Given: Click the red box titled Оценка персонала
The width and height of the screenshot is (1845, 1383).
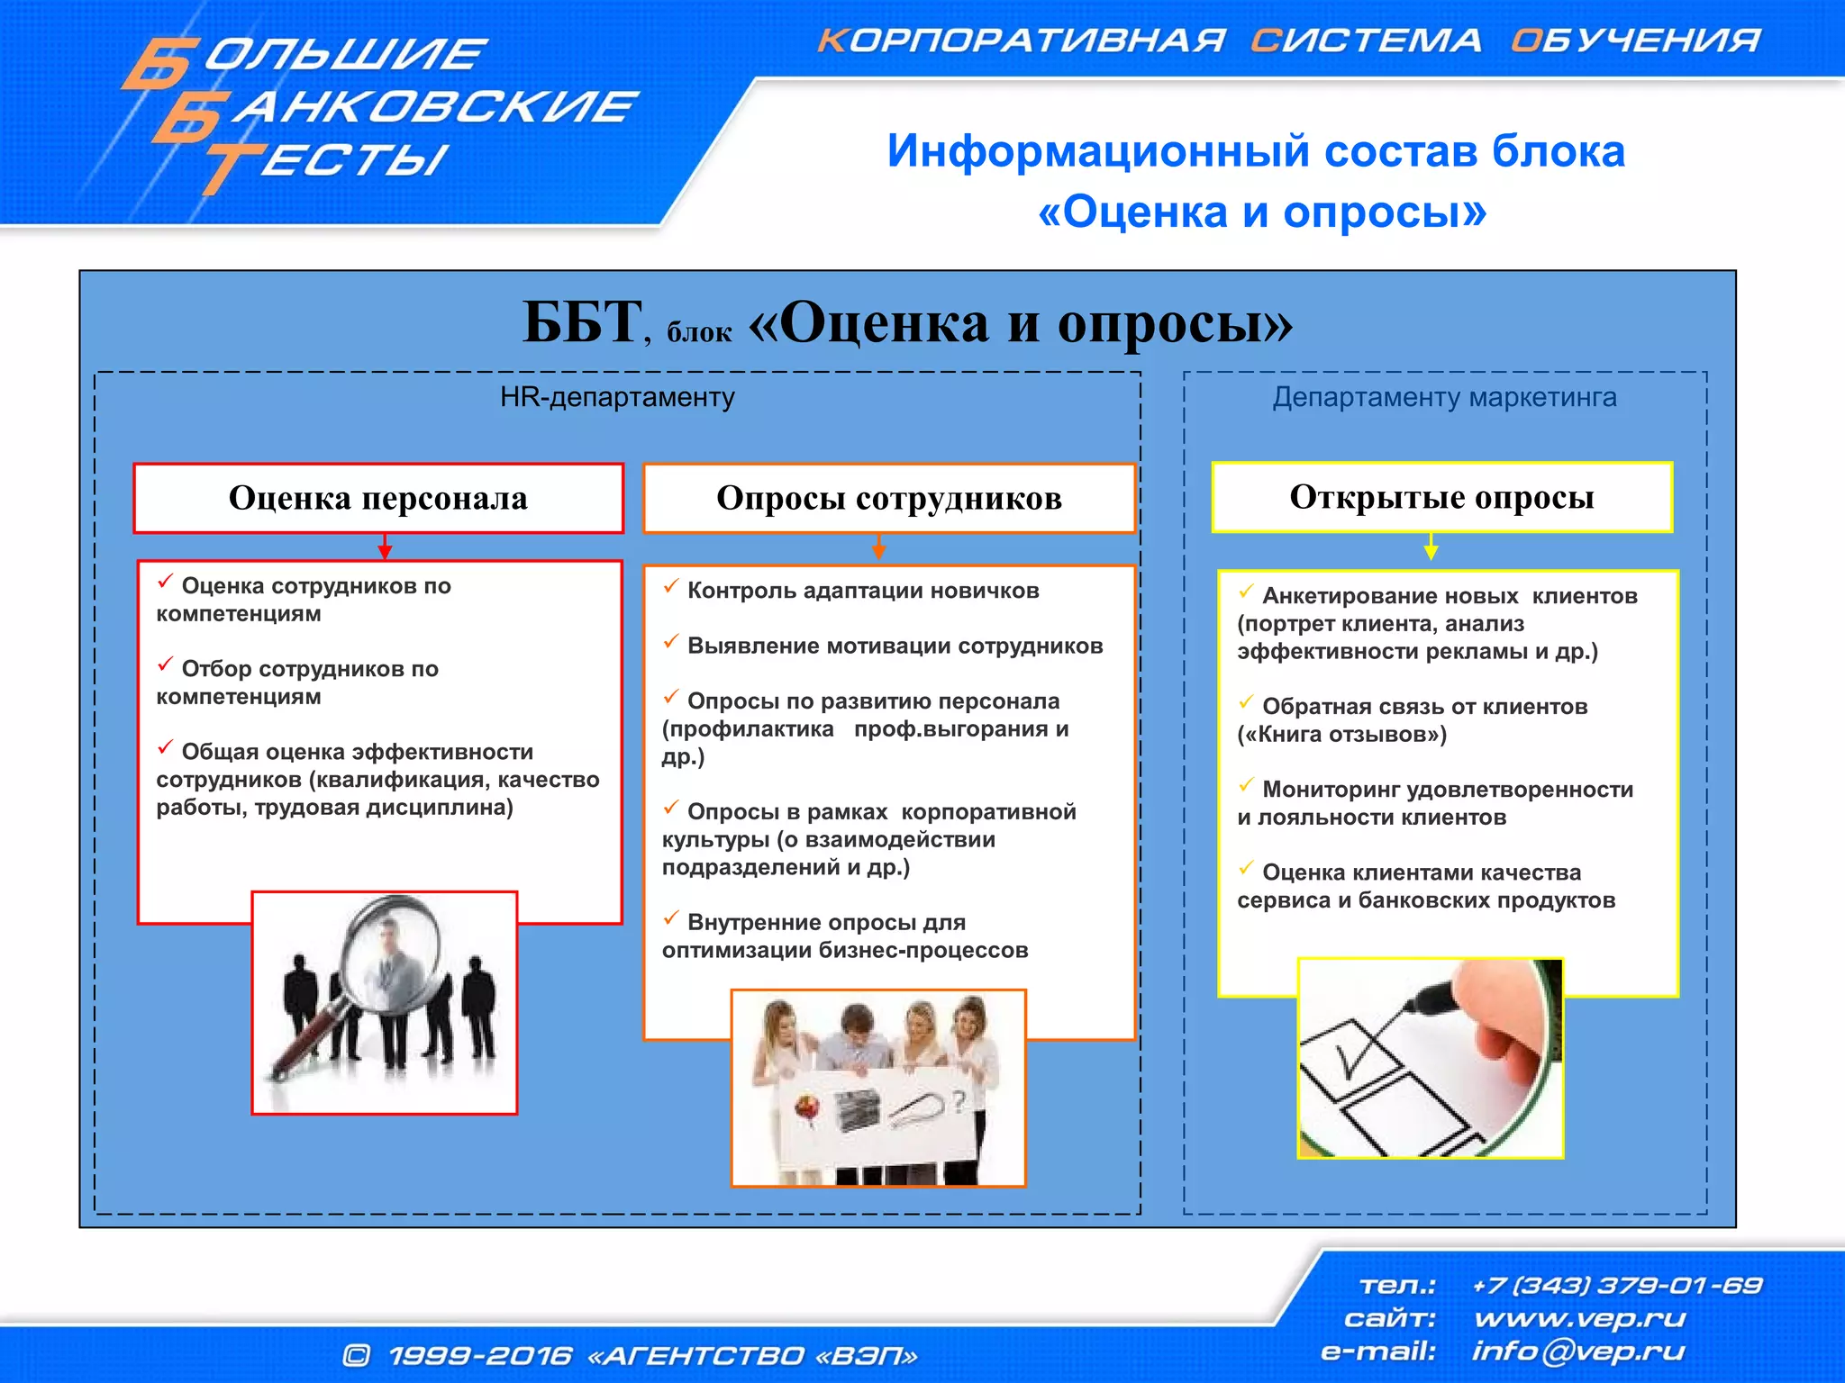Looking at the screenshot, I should pos(378,498).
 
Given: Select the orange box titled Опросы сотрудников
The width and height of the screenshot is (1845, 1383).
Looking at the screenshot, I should pos(888,498).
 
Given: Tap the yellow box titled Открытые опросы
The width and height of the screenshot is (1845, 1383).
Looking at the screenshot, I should pos(1441,497).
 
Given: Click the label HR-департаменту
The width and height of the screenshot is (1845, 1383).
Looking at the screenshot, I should pos(617,397).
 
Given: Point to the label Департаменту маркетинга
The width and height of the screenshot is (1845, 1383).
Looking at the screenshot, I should pos(1444,397).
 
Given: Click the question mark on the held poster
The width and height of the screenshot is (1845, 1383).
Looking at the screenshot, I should pos(959,1099).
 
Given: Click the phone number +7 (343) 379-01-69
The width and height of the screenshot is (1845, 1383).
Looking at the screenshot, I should pos(1616,1285).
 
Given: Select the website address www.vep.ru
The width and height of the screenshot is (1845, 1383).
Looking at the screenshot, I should pos(1579,1318).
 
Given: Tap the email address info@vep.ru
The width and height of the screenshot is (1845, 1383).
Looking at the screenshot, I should pos(1577,1351).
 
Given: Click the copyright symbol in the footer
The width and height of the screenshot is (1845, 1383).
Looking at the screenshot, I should pos(357,1355).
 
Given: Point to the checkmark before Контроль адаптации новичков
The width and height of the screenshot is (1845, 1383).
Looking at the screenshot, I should pos(670,587).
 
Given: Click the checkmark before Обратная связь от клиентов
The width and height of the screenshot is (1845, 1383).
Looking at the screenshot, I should pos(1246,702).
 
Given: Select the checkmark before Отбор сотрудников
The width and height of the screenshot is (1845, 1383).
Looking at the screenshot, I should pos(165,664).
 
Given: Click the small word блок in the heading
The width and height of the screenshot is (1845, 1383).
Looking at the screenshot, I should pos(699,333).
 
